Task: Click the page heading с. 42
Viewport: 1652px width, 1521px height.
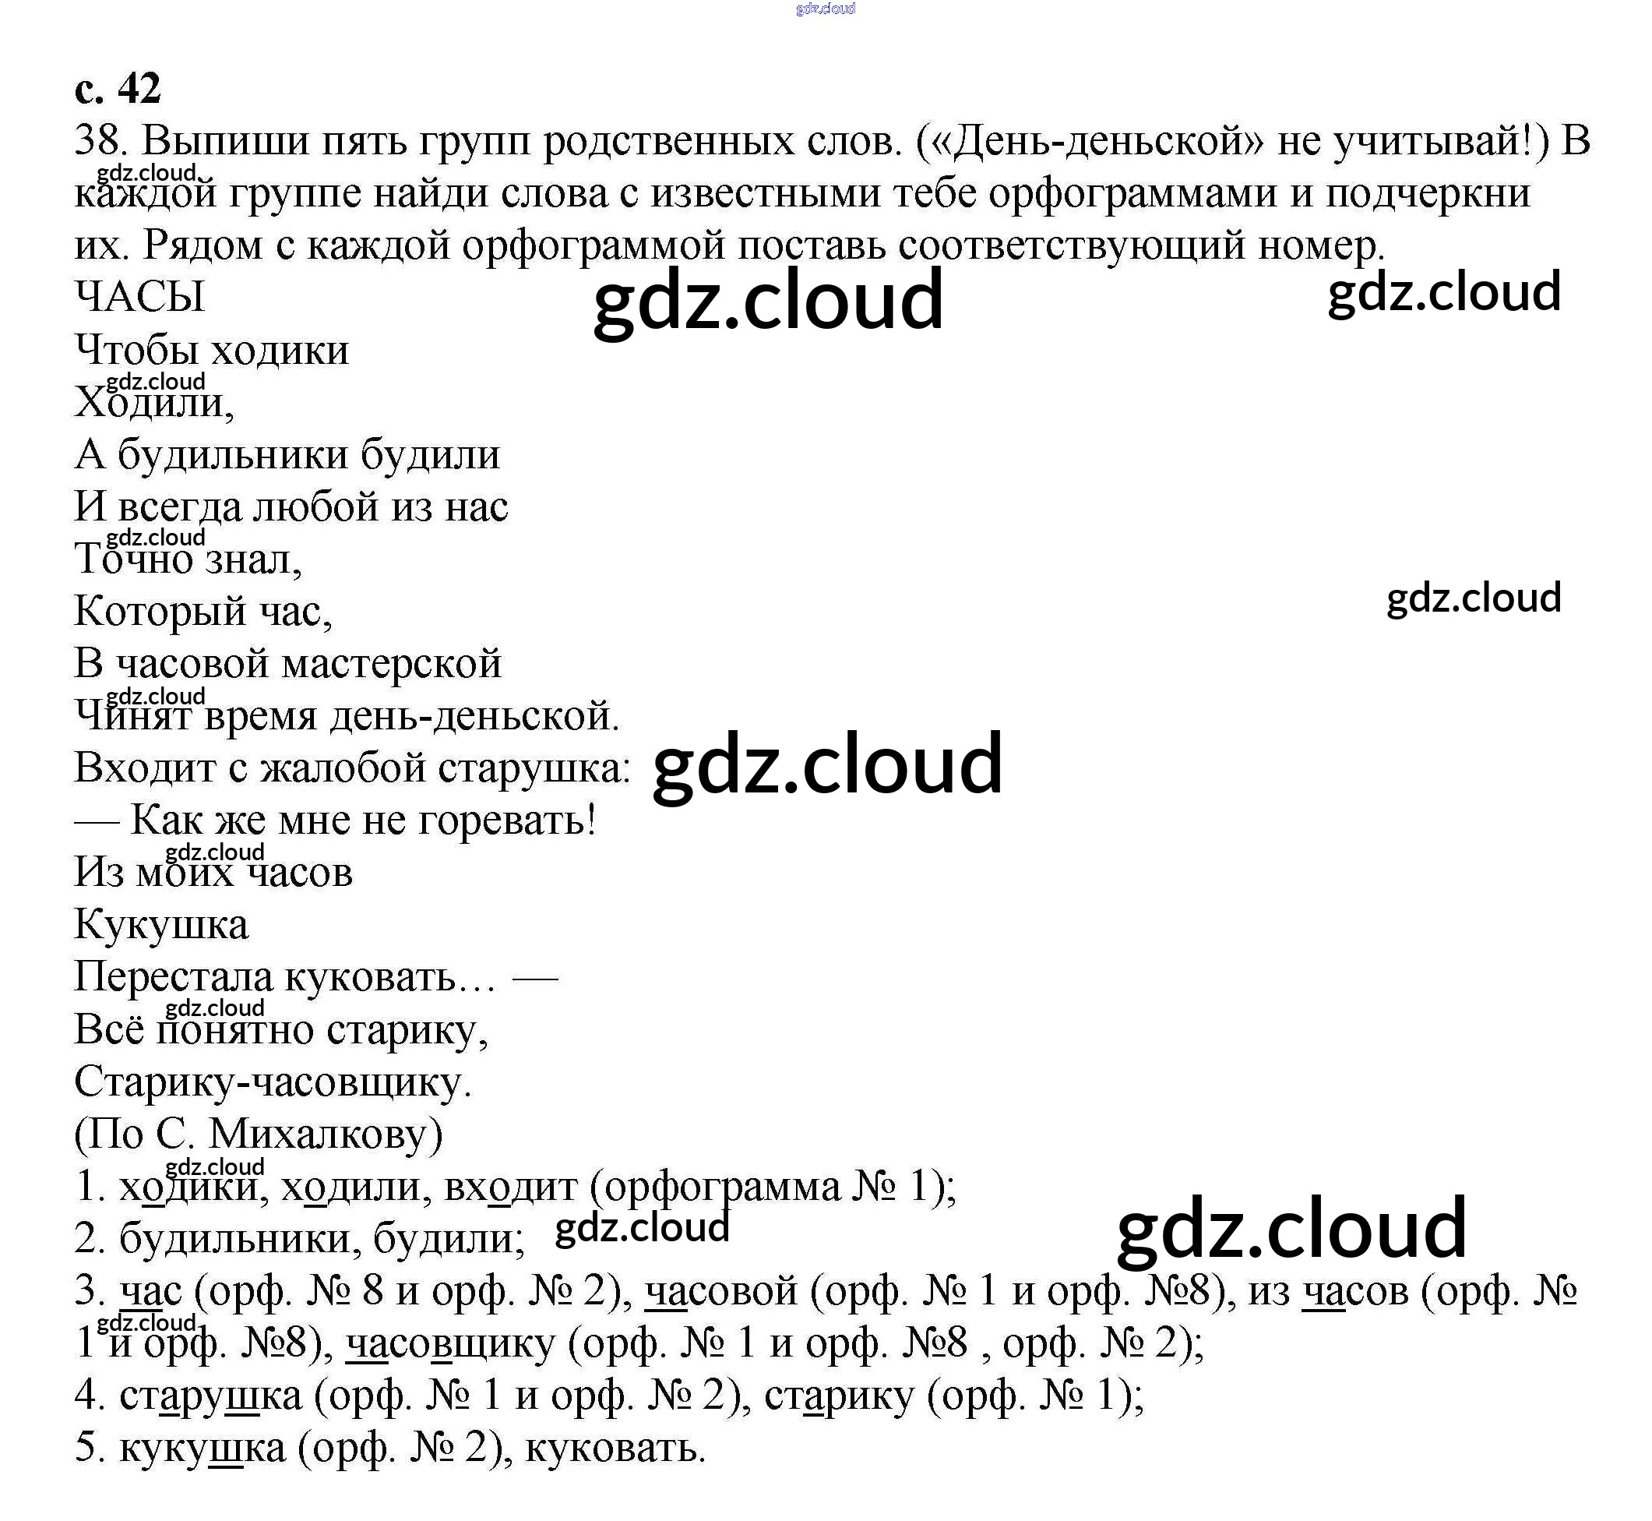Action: (117, 88)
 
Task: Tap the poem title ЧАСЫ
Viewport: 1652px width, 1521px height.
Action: (139, 297)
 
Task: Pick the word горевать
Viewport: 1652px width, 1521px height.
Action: (506, 820)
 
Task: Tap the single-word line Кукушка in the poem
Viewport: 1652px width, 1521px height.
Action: (161, 924)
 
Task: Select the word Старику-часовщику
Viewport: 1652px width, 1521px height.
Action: (273, 1082)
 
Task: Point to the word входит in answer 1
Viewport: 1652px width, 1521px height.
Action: (511, 1187)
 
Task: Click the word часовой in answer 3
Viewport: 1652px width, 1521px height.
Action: (721, 1290)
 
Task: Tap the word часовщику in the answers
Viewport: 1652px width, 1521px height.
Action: (451, 1343)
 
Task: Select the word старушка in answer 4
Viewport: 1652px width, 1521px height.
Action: (210, 1396)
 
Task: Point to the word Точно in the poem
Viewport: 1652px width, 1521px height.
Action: (133, 559)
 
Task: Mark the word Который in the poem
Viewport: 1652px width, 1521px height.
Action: (160, 612)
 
